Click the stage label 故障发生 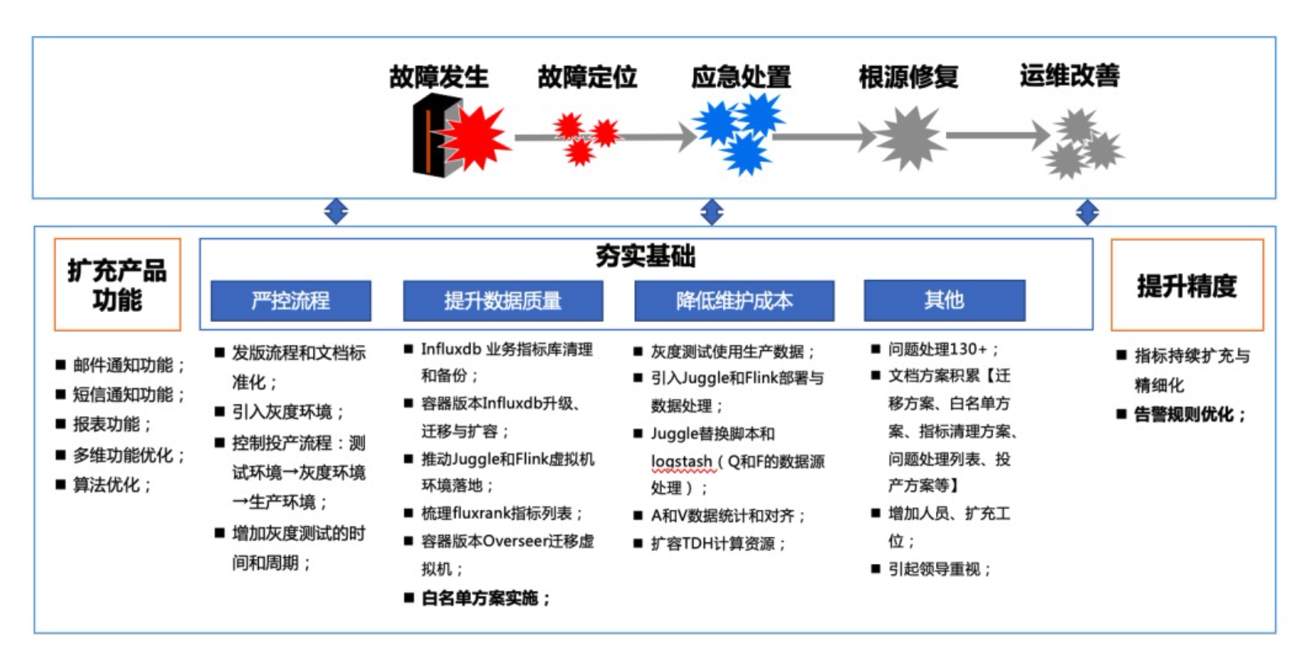(x=438, y=76)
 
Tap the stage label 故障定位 (x=586, y=76)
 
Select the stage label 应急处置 (x=741, y=76)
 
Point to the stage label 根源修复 (x=908, y=76)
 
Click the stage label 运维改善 (x=1069, y=75)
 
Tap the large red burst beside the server (x=476, y=137)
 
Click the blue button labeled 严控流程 (x=291, y=301)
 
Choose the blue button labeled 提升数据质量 (x=502, y=301)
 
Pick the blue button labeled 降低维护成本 (x=734, y=301)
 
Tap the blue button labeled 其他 (x=944, y=300)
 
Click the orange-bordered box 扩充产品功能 (x=117, y=285)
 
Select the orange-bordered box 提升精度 (x=1186, y=285)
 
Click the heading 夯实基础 (x=645, y=256)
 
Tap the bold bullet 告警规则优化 (x=1189, y=414)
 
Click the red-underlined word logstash (x=681, y=461)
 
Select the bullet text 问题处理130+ (x=942, y=349)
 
